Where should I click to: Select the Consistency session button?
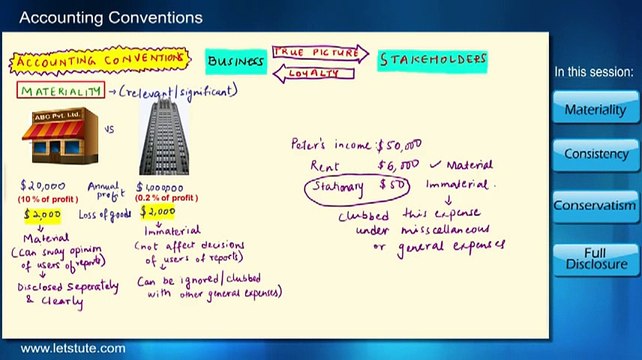(x=596, y=155)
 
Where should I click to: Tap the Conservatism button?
(x=596, y=206)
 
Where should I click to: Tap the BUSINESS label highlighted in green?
(x=235, y=61)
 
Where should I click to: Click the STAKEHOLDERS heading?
(x=432, y=60)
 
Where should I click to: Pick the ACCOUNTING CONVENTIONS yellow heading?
(x=100, y=61)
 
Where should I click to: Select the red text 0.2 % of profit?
(x=159, y=196)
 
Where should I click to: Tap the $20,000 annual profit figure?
(x=43, y=185)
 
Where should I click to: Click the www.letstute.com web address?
(x=73, y=349)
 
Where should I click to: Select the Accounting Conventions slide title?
(x=111, y=17)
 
